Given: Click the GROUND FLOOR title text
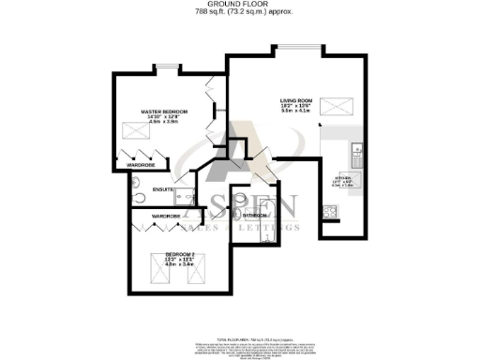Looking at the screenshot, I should click(x=239, y=5).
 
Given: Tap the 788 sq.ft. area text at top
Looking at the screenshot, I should click(x=239, y=12).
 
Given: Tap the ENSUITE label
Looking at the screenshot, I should click(x=161, y=190).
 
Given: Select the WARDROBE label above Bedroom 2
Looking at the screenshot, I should click(x=166, y=217).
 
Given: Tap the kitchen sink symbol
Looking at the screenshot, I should click(x=356, y=152).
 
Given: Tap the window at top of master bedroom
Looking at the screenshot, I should click(x=167, y=67).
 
